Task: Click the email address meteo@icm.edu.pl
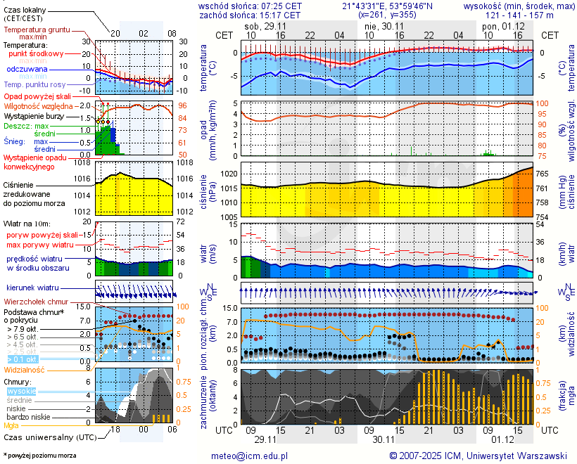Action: click(x=250, y=456)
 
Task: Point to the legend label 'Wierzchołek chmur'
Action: click(x=39, y=301)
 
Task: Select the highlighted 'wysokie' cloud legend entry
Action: click(x=20, y=391)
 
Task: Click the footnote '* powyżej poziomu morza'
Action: click(x=39, y=456)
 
